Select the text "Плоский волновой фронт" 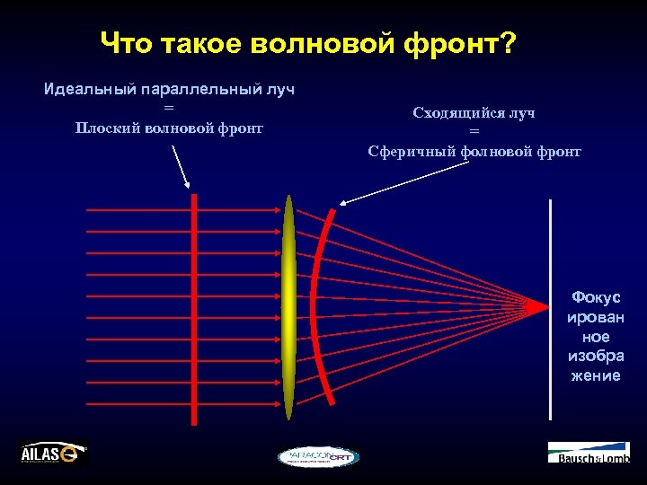coord(169,128)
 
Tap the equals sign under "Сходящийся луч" coord(474,132)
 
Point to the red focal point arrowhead coord(538,307)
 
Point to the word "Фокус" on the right coord(596,298)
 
